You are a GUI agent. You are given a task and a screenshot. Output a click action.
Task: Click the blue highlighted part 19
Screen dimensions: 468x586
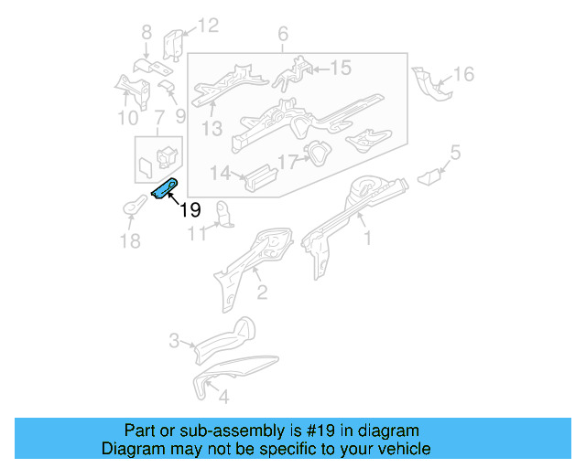(x=165, y=189)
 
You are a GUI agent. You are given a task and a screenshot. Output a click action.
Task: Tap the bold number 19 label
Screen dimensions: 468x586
(x=190, y=210)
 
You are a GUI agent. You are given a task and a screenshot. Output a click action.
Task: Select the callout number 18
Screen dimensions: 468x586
(x=130, y=240)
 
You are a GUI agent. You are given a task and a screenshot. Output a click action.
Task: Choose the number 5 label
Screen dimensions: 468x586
(x=455, y=152)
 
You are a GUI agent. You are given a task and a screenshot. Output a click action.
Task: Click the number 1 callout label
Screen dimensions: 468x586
(x=368, y=239)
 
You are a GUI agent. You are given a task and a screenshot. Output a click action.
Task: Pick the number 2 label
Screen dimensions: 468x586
(x=262, y=292)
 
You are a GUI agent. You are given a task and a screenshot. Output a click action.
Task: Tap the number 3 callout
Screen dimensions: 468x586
(x=174, y=342)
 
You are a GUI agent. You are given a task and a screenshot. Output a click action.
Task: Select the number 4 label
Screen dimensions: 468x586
(x=223, y=398)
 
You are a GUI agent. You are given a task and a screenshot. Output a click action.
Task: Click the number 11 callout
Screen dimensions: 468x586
(x=197, y=235)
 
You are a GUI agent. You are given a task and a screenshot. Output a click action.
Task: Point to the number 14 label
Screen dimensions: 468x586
(x=220, y=173)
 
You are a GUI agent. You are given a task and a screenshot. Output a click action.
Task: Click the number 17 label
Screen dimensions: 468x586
(x=288, y=163)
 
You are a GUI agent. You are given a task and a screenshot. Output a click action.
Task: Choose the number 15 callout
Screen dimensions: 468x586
(x=340, y=67)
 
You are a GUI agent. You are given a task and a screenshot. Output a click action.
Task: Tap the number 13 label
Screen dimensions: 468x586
(x=212, y=129)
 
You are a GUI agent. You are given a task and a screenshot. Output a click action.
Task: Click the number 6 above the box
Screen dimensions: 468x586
(x=283, y=35)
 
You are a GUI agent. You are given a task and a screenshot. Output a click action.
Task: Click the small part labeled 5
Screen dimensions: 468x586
(x=428, y=176)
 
